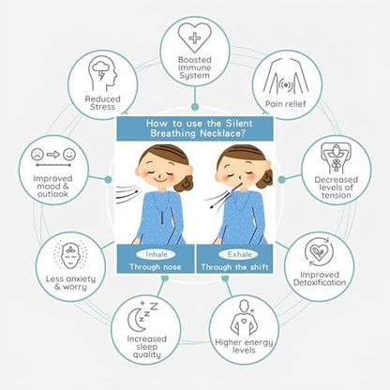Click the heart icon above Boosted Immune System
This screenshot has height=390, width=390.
coord(195,37)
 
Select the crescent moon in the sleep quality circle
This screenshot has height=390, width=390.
coord(137,320)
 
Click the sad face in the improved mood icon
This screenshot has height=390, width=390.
coord(37,154)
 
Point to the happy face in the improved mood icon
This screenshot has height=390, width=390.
coord(69,154)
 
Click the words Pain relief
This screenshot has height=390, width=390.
coord(286,104)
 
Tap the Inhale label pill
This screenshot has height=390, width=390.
coord(157,254)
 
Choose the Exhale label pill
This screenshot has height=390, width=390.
coord(239,254)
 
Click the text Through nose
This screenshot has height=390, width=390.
coord(156,267)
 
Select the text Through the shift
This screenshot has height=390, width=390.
coord(234,267)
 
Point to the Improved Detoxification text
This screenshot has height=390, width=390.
coord(320,278)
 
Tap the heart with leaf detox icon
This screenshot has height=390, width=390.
coord(319,252)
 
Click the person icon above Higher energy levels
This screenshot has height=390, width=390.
coord(245,318)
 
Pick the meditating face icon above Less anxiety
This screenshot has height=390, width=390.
coord(70,254)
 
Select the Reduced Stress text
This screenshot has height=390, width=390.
coord(102,103)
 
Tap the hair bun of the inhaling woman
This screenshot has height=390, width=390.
coord(184,184)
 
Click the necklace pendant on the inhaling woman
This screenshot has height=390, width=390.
coord(162,219)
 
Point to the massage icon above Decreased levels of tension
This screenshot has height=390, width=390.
coord(336,157)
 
